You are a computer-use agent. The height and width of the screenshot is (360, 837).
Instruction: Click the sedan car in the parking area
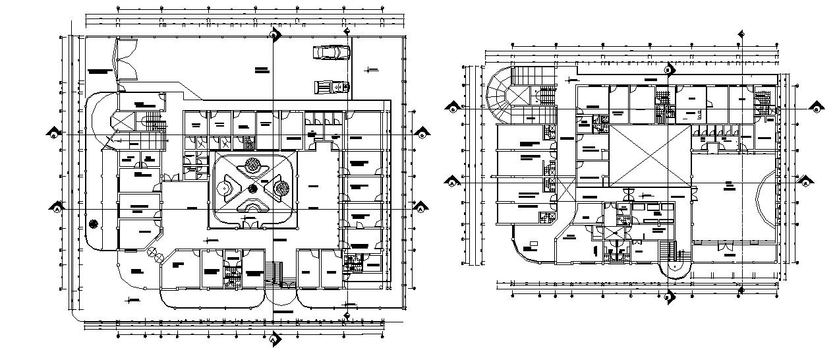(x=332, y=53)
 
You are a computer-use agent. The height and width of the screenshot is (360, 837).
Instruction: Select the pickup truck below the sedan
(x=331, y=86)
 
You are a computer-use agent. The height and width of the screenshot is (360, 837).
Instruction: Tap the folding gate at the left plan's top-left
(x=125, y=60)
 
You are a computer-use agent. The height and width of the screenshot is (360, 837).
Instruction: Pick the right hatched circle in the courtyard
(x=279, y=189)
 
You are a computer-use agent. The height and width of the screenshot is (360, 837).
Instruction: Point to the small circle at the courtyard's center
(x=252, y=189)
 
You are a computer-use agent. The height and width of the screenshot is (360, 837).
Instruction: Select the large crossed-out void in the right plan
(x=650, y=156)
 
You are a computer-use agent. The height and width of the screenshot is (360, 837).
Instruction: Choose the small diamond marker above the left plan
(x=347, y=30)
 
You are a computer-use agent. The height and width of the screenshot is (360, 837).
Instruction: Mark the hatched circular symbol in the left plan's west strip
(x=94, y=224)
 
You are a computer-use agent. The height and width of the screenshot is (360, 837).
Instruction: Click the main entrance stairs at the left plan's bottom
(x=273, y=273)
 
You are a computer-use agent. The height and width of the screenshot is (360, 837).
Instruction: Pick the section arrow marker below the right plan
(x=669, y=297)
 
